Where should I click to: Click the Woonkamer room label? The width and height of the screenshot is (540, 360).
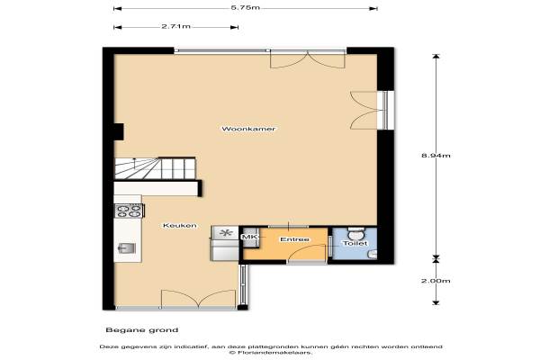[248, 129]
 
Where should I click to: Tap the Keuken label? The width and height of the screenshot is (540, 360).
[179, 226]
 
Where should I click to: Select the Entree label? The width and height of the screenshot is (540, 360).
[294, 239]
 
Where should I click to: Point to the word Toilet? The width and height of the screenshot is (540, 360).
[355, 243]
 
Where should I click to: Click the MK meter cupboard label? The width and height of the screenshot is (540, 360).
[247, 237]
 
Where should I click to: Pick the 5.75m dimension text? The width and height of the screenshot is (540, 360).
[245, 7]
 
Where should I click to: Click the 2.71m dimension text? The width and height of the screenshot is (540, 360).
[175, 26]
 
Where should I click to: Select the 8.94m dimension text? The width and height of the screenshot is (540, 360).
[436, 156]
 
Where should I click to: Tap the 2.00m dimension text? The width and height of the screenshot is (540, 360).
[436, 281]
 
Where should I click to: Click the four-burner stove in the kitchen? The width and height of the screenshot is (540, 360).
[130, 211]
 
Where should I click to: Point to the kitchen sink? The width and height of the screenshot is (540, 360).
[127, 248]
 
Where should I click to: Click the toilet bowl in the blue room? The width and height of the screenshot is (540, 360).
[355, 234]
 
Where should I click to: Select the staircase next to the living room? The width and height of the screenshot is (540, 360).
[155, 168]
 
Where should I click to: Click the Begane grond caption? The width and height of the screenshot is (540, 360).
[142, 330]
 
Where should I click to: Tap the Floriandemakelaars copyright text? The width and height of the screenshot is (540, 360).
[271, 353]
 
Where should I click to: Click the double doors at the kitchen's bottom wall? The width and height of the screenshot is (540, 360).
[199, 298]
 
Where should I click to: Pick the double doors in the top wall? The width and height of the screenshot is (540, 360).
[308, 59]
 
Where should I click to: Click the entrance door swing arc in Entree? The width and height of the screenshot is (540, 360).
[306, 250]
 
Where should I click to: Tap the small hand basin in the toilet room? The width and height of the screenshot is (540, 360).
[372, 255]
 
